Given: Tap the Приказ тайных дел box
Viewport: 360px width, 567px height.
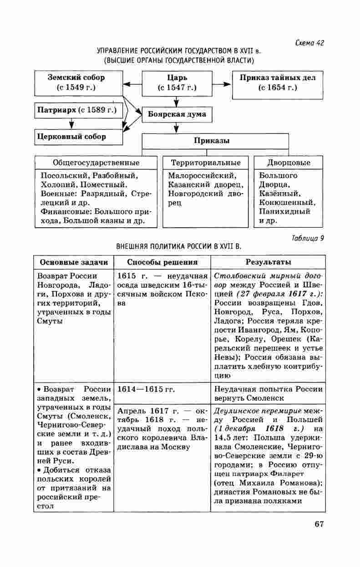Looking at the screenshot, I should (x=278, y=82).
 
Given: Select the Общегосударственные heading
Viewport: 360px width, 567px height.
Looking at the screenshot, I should (x=96, y=163).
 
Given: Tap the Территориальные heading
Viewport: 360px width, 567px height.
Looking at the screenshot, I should (x=206, y=163).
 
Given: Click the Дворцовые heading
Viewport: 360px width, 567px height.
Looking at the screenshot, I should (x=289, y=163).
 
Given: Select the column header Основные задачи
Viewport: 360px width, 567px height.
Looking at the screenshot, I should (x=74, y=262).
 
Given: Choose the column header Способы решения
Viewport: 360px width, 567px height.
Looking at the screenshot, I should (x=162, y=262).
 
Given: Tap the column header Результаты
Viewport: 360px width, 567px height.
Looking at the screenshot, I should (x=269, y=262).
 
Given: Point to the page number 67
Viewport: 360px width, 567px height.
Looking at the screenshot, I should (x=319, y=524).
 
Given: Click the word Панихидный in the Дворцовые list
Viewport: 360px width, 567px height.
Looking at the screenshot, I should (x=284, y=211).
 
